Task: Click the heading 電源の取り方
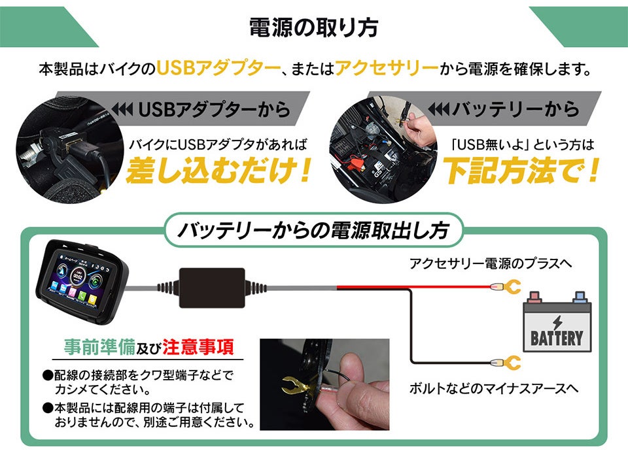click(313, 28)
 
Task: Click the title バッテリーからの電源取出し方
click(314, 231)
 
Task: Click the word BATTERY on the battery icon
click(556, 338)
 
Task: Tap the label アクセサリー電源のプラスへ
click(491, 263)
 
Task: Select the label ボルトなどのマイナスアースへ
click(494, 388)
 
